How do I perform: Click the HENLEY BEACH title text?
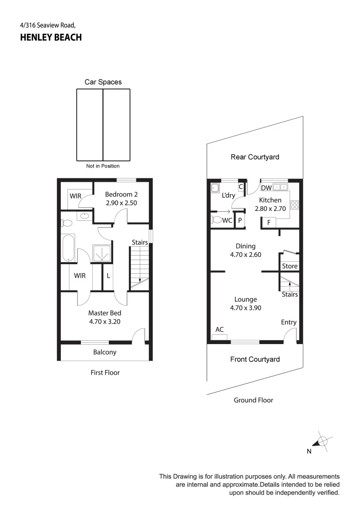(x=51, y=38)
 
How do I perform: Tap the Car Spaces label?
(x=103, y=82)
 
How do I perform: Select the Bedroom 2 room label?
(x=121, y=194)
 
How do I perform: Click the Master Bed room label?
(x=105, y=313)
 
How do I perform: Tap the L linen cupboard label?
(x=108, y=276)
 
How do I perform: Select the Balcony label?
(x=105, y=352)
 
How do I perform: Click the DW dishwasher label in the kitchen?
(x=266, y=188)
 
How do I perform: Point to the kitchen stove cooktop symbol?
(x=294, y=205)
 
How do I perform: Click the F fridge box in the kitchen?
(x=269, y=222)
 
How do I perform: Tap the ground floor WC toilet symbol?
(x=216, y=220)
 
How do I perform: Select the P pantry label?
(x=240, y=221)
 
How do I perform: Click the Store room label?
(x=290, y=266)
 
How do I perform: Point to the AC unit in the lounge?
(x=220, y=337)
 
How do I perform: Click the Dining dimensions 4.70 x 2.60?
(x=245, y=255)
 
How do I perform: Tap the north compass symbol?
(x=322, y=441)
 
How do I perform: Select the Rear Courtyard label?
(x=255, y=157)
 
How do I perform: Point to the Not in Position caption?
(x=103, y=166)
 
